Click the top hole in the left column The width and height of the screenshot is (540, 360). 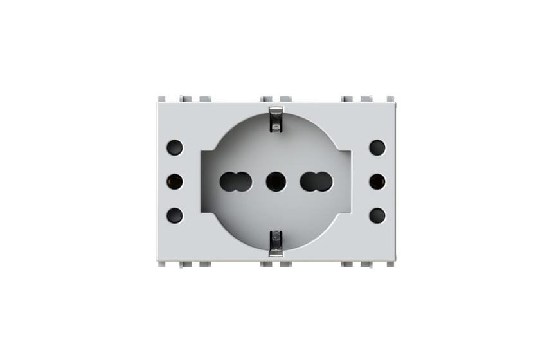[x=174, y=148]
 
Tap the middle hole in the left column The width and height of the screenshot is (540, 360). [x=174, y=182]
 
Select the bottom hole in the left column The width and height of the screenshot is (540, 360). [x=174, y=215]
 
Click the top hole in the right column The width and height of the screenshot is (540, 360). [x=377, y=148]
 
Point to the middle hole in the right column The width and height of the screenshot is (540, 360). [x=377, y=182]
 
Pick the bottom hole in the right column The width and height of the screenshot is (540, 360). [x=377, y=215]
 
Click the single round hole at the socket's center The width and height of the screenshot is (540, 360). [x=276, y=182]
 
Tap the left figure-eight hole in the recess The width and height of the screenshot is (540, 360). [x=235, y=182]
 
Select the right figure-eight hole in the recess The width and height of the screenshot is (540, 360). [x=316, y=182]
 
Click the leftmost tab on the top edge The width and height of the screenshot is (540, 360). [x=162, y=99]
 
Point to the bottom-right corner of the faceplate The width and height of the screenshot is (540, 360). [x=394, y=260]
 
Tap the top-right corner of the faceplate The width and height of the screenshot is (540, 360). [x=394, y=103]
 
